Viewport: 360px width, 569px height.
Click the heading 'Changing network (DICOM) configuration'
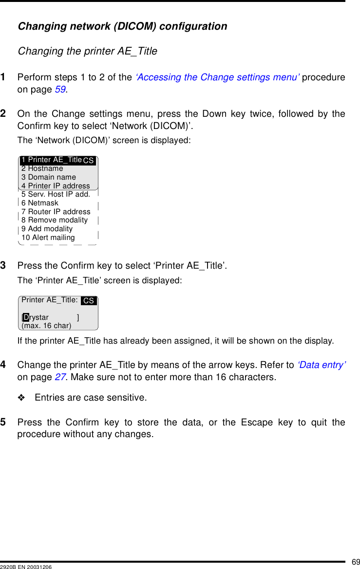click(122, 26)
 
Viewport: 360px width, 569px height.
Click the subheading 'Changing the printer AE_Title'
click(87, 51)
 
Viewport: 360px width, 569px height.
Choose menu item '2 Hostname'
click(42, 168)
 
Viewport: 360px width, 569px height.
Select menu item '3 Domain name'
click(49, 177)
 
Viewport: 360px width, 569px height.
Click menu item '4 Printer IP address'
click(56, 185)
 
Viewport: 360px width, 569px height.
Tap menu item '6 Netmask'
click(40, 203)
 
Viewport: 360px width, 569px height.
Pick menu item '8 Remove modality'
click(55, 220)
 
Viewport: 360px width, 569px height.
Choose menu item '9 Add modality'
click(47, 229)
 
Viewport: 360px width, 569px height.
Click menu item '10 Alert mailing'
click(48, 238)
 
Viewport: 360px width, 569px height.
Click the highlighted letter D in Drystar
click(26, 317)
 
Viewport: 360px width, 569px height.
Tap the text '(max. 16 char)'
click(46, 326)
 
